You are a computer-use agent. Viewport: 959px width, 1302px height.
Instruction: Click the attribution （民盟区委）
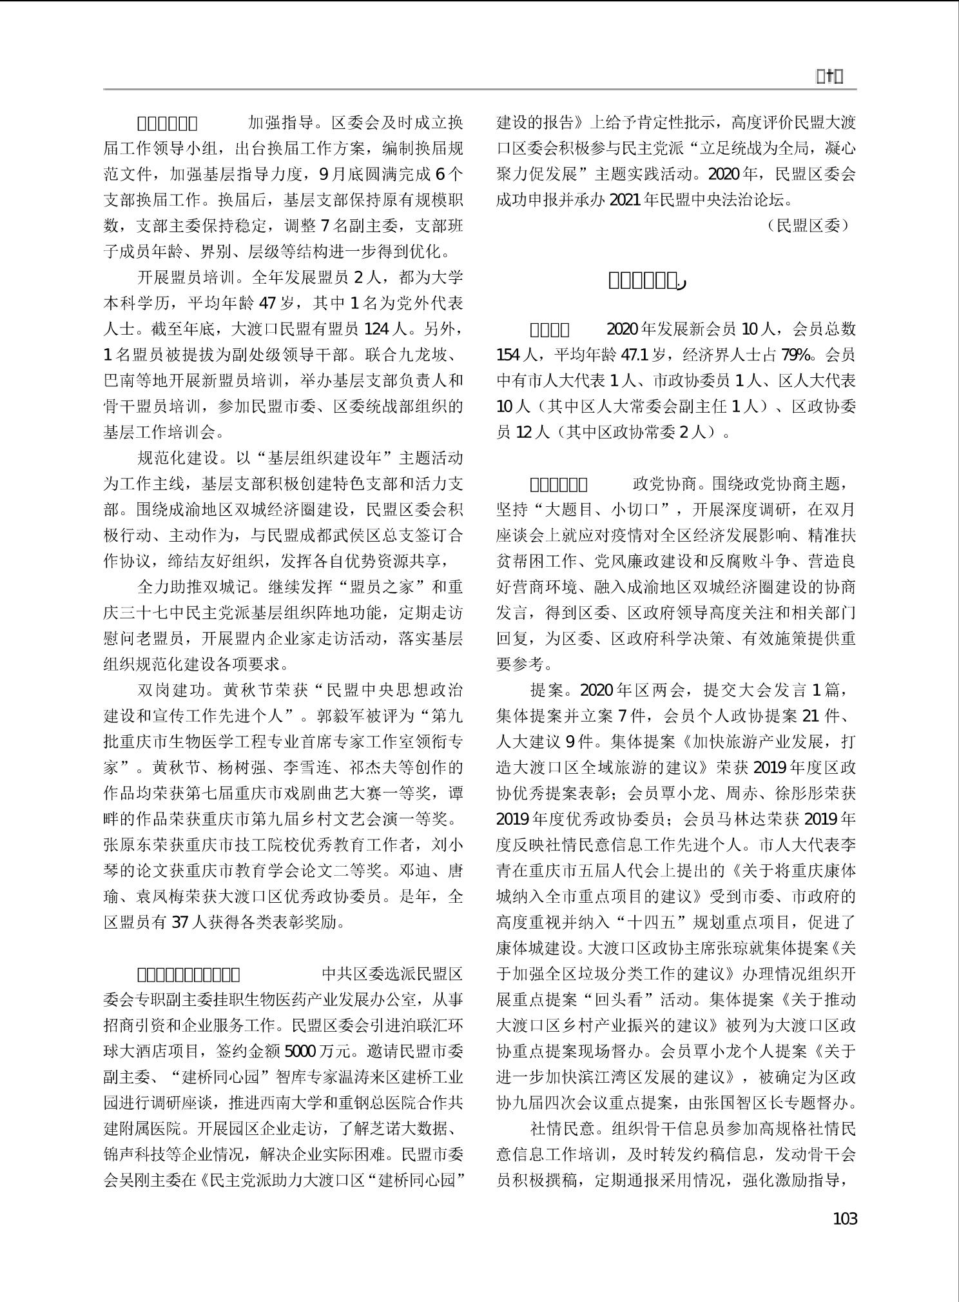pyautogui.click(x=809, y=225)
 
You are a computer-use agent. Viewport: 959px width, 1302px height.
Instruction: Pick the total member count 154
pyautogui.click(x=510, y=355)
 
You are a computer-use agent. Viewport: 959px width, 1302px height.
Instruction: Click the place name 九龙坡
pyautogui.click(x=429, y=355)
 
